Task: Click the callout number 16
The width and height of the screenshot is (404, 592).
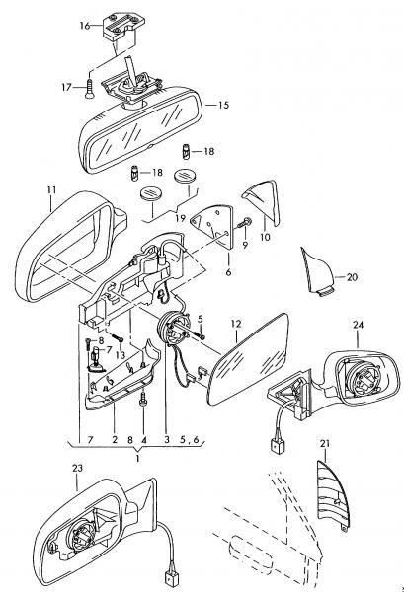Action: pyautogui.click(x=85, y=26)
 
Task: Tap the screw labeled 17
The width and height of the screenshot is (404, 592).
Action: pyautogui.click(x=89, y=89)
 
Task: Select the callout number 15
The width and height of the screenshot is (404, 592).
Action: pyautogui.click(x=223, y=105)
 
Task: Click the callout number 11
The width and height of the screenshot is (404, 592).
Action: pyautogui.click(x=51, y=189)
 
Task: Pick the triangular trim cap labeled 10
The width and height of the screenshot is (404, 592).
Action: pyautogui.click(x=263, y=202)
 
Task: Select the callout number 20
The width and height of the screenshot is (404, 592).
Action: pyautogui.click(x=352, y=277)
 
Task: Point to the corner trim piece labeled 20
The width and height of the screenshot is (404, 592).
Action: pyautogui.click(x=317, y=271)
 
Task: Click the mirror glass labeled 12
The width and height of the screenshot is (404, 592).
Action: pyautogui.click(x=250, y=358)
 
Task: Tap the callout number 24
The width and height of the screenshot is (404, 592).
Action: pyautogui.click(x=359, y=325)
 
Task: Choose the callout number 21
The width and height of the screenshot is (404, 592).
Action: pyautogui.click(x=325, y=444)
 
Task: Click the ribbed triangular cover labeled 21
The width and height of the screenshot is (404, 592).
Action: pyautogui.click(x=332, y=494)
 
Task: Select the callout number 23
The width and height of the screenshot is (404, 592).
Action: pyautogui.click(x=77, y=468)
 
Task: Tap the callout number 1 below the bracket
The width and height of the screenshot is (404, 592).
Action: pyautogui.click(x=138, y=459)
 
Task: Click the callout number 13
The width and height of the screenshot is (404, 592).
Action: pyautogui.click(x=121, y=355)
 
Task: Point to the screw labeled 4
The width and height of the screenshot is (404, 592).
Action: pyautogui.click(x=143, y=400)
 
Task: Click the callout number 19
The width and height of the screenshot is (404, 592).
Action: pyautogui.click(x=181, y=218)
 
